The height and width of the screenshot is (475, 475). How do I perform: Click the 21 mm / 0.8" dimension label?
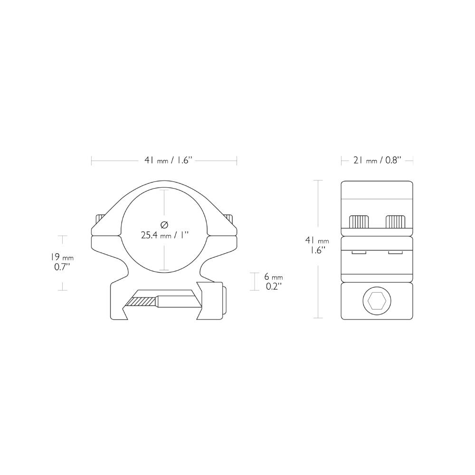tap(377, 161)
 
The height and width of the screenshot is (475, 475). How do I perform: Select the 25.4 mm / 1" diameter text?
tap(165, 235)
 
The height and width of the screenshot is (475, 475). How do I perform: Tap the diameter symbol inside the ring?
tap(164, 224)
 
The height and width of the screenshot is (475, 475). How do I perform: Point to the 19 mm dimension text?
tap(62, 257)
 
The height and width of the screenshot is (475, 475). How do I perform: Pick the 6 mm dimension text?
tap(273, 277)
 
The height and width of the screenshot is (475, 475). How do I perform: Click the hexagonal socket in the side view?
tap(377, 301)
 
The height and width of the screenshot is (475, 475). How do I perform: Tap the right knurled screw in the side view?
tap(396, 221)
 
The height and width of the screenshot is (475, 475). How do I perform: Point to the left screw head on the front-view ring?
tap(100, 218)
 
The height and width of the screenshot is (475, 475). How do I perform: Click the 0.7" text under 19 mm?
tap(62, 267)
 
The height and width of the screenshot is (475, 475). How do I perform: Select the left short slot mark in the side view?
tap(359, 253)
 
